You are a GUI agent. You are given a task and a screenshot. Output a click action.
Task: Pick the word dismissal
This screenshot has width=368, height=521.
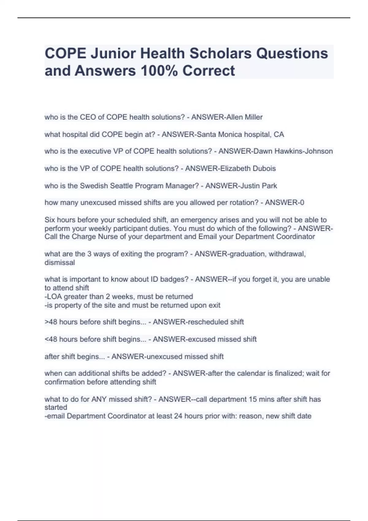click(59, 262)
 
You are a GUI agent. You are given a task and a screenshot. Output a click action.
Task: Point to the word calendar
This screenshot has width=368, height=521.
click(252, 373)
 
